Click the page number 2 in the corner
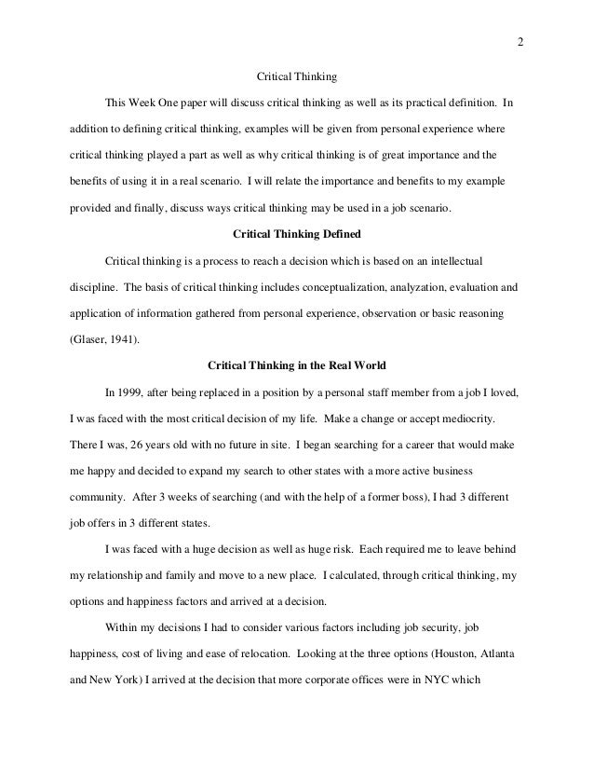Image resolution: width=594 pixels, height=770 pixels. (x=520, y=41)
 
